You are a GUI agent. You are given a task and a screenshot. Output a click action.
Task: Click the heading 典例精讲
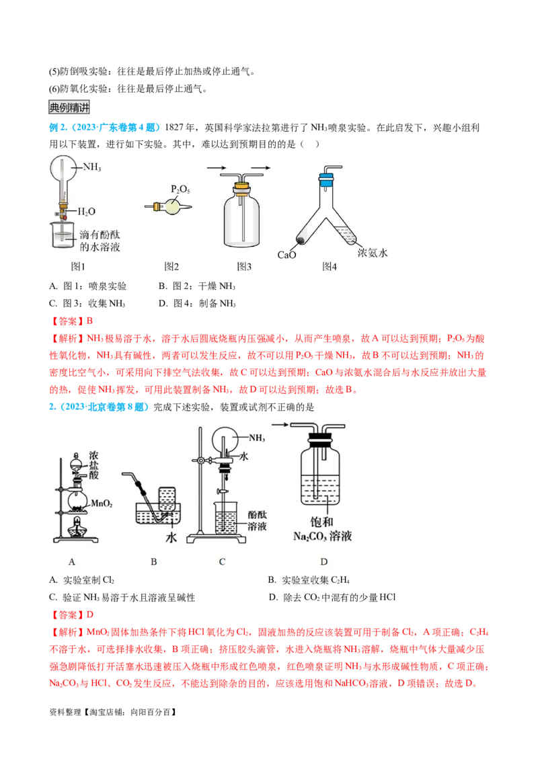69,107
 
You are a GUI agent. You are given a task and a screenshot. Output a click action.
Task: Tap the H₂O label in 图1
86,211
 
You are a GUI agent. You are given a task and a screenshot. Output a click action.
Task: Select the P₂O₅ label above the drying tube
180,189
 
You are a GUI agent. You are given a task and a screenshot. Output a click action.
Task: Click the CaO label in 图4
287,254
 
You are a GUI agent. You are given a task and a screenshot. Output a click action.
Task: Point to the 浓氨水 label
374,253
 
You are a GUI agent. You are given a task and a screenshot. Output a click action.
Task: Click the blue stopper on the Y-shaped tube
326,179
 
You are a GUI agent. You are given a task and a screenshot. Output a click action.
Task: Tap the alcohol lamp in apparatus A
76,524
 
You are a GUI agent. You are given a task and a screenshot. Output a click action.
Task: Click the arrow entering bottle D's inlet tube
282,424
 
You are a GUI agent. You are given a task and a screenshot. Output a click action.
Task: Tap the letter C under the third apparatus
222,561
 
